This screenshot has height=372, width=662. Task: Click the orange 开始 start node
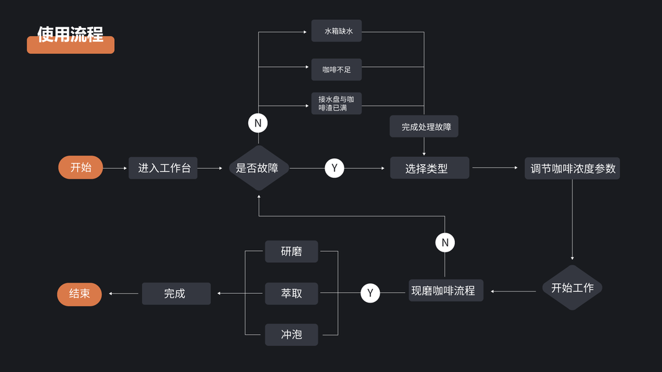[x=81, y=167]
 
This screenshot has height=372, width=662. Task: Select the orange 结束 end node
[x=79, y=294]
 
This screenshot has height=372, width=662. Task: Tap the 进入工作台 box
[x=163, y=168]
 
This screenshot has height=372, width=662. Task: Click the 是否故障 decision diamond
[x=259, y=168]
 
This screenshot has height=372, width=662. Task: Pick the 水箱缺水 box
[x=336, y=31]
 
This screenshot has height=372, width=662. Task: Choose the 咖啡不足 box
[x=336, y=69]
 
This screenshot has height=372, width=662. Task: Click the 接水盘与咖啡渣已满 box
[x=336, y=104]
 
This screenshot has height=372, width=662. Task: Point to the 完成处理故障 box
[x=425, y=126]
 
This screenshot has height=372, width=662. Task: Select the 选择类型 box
[x=429, y=168]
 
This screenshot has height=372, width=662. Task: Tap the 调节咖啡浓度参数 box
[x=572, y=168]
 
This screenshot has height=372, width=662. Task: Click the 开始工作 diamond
[x=572, y=288]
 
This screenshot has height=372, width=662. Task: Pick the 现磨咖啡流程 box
[x=445, y=290]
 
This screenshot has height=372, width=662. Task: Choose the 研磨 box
[x=291, y=251]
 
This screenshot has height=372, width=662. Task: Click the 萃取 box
[x=291, y=293]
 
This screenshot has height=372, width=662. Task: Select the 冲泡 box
[x=291, y=335]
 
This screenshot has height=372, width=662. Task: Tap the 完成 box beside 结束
[x=176, y=293]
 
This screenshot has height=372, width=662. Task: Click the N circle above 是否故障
[x=257, y=123]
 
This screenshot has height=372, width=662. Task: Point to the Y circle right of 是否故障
[x=334, y=168]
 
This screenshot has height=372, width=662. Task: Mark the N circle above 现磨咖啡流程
[x=445, y=242]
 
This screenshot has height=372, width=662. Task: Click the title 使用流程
[x=70, y=35]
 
